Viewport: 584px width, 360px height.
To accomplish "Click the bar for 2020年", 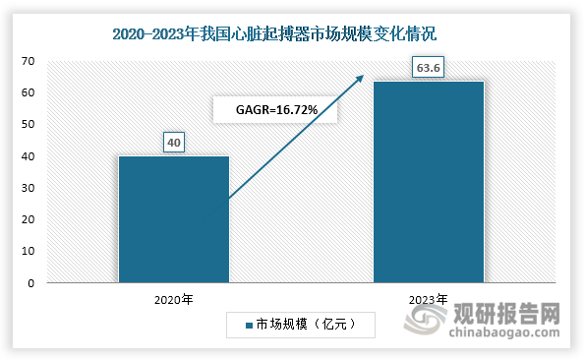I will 174,219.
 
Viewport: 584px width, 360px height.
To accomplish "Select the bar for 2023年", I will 429,182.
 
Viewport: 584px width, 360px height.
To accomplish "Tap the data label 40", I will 174,144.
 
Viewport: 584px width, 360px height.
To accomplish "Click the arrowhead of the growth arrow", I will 361,78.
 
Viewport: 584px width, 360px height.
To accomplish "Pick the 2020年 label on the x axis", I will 174,298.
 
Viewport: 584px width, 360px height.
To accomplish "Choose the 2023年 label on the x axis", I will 429,298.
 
